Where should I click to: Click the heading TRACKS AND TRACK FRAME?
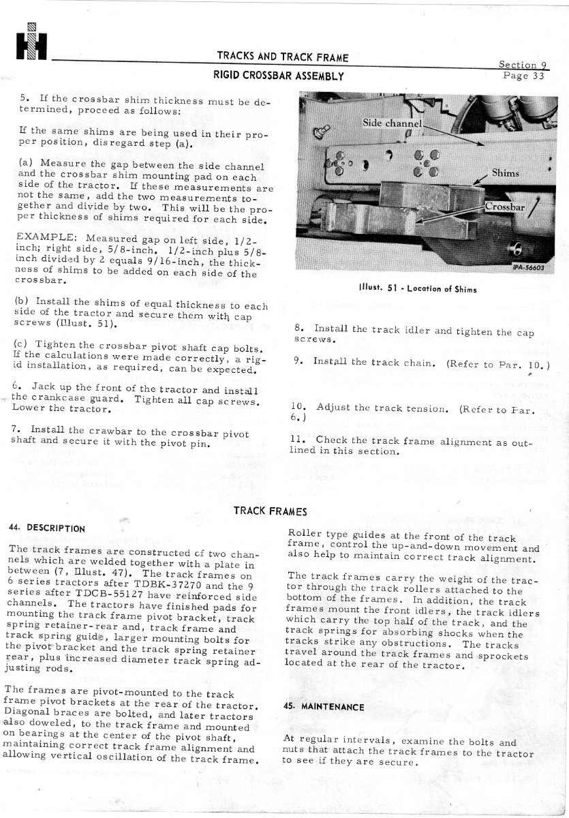click(282, 57)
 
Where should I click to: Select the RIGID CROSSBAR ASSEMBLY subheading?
click(277, 75)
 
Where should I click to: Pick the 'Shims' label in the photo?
click(505, 173)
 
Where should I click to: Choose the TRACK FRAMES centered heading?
click(270, 511)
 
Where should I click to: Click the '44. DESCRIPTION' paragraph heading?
click(47, 528)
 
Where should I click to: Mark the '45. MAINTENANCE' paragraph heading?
click(324, 706)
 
